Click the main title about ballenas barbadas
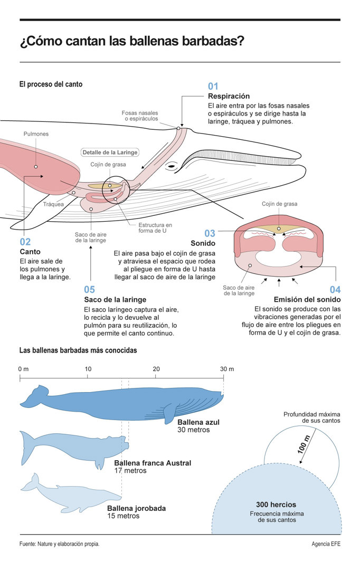(131, 41)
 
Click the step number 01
(213, 86)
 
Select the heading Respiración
(229, 96)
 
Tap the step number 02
(25, 242)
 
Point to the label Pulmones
(36, 134)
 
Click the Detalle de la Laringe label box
(110, 153)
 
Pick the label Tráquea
(53, 204)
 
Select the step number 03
(210, 233)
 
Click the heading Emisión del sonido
(307, 300)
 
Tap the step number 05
(89, 289)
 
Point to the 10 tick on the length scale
(88, 368)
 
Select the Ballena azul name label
(198, 422)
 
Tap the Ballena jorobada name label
(136, 508)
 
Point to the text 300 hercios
(276, 505)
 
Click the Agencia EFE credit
(326, 543)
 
